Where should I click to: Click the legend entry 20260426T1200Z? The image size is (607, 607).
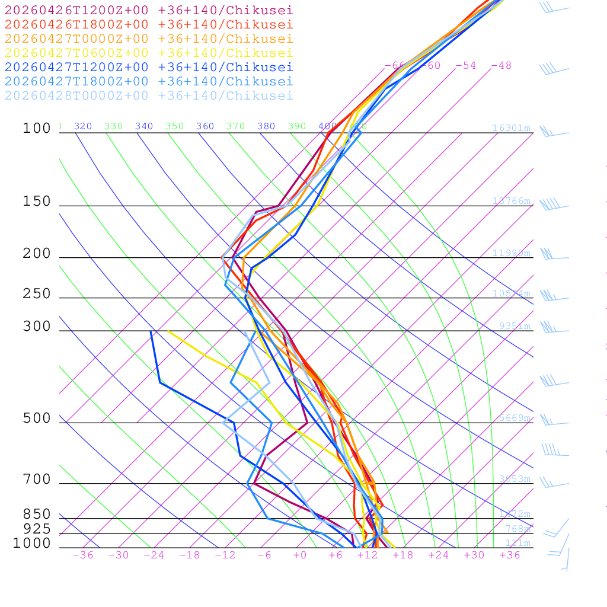click(148, 10)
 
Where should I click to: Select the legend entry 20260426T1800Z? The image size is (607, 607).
click(148, 24)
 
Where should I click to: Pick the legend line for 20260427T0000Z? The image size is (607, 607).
click(148, 39)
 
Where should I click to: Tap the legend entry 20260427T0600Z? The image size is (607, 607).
click(148, 53)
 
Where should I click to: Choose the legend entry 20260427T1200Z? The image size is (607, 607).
click(148, 67)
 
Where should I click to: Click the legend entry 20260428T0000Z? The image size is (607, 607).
click(148, 95)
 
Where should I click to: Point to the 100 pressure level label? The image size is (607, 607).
click(37, 128)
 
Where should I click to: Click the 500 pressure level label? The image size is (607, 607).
click(37, 418)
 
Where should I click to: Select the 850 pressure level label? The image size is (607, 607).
click(37, 515)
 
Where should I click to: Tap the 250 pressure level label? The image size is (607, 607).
click(37, 294)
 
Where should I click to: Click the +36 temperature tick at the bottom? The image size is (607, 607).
click(509, 555)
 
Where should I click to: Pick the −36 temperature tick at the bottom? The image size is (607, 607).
click(82, 555)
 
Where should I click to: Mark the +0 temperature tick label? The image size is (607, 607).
click(299, 555)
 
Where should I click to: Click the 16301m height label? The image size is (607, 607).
click(511, 128)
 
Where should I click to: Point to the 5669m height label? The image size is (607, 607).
click(514, 418)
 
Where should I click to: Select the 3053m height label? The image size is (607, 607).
click(514, 479)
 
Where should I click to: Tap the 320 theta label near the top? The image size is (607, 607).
click(83, 126)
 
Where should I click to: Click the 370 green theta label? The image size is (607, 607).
click(235, 126)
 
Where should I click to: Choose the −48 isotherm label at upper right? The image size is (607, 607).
click(501, 65)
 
